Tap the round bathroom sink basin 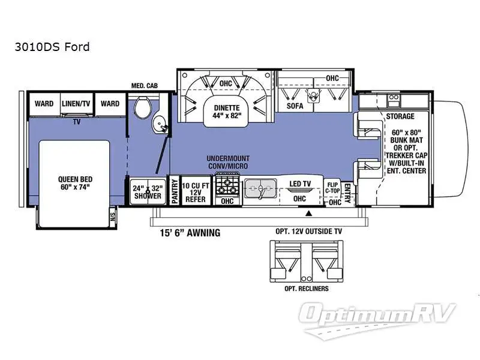point(160,125)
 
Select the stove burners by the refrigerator point(227,186)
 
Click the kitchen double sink point(260,188)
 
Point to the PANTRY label point(175,191)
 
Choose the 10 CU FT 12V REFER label point(196,193)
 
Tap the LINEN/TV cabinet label point(76,103)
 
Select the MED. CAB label point(145,86)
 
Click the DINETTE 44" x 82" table point(227,112)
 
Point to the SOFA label point(295,106)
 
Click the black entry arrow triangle point(309,213)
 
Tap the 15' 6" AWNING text point(190,233)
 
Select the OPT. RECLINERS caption point(307,289)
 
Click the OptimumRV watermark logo point(376,320)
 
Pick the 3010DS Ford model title point(52,47)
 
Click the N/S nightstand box point(113,217)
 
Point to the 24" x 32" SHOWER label point(148,192)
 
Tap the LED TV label point(300,184)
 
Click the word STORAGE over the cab point(400,116)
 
